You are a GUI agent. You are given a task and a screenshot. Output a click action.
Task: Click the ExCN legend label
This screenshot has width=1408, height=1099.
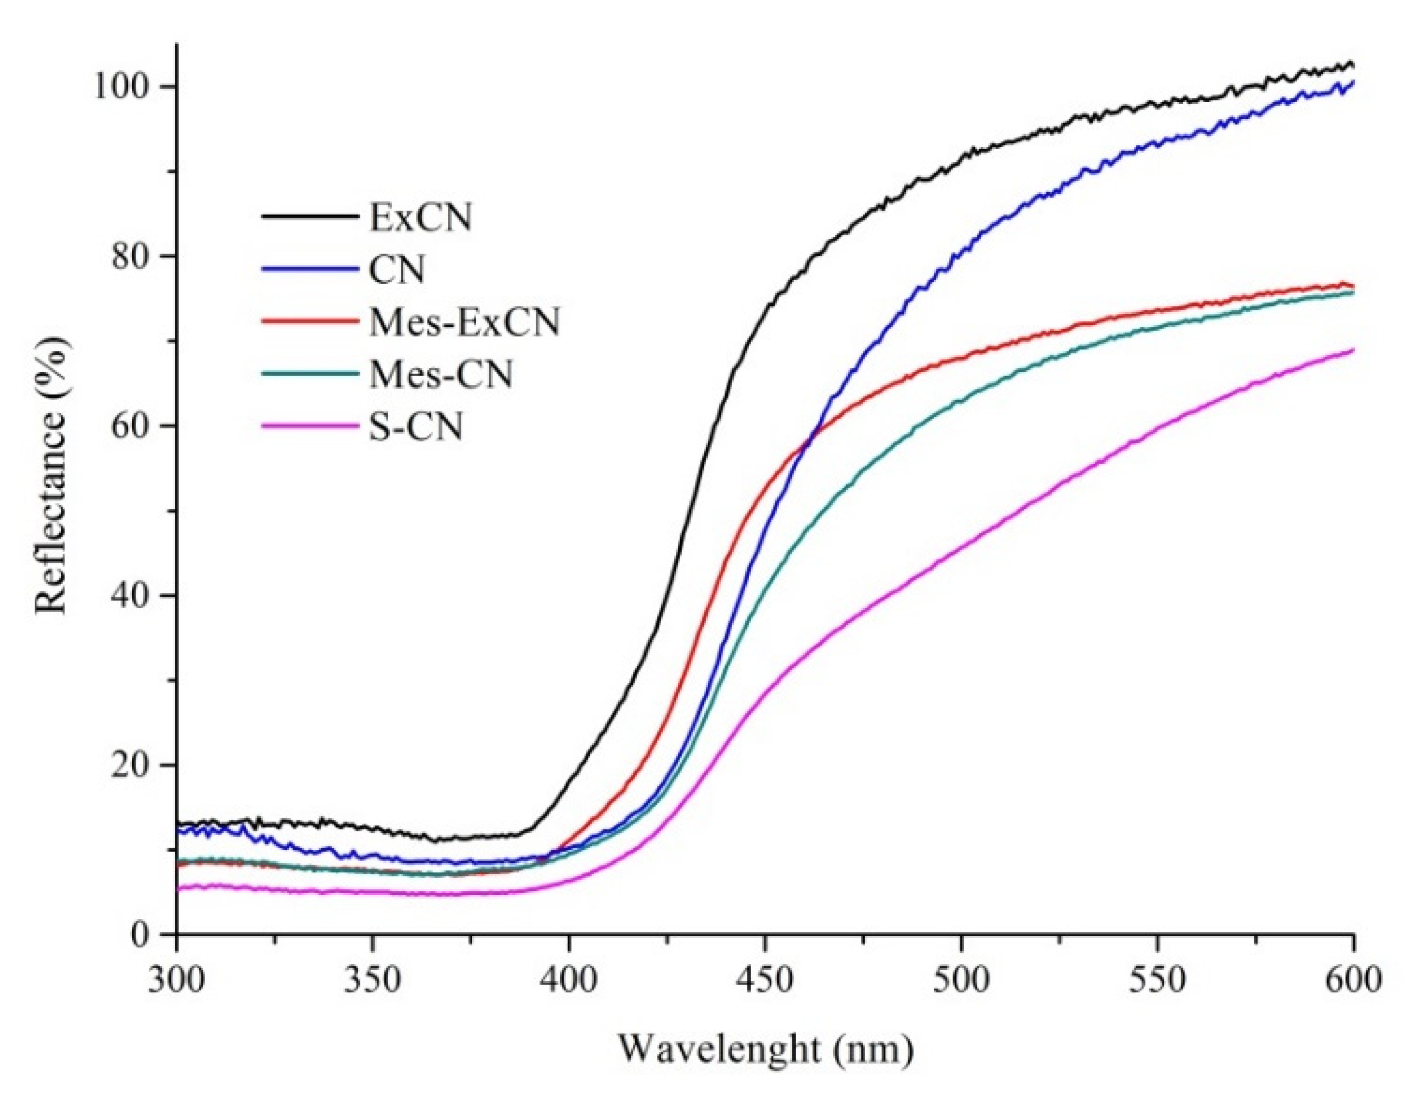420,217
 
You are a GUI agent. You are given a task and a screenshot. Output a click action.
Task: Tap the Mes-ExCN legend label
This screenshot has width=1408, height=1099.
464,322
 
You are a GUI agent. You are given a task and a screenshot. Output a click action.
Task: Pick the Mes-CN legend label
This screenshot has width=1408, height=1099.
440,374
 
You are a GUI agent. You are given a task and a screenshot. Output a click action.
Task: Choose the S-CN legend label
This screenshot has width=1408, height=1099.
416,427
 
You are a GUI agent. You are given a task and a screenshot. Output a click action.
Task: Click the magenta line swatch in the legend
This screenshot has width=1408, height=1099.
309,426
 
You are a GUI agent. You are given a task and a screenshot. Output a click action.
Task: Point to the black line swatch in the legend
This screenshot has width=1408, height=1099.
309,217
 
